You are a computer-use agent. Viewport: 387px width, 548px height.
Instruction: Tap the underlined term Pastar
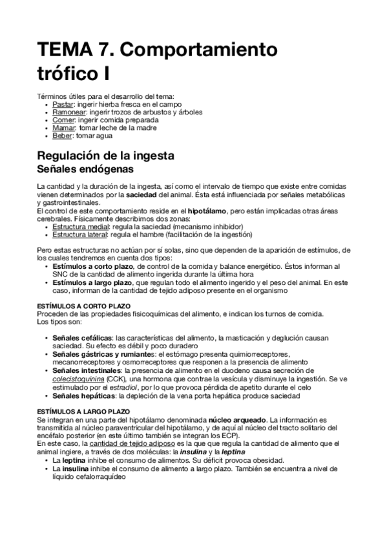62,104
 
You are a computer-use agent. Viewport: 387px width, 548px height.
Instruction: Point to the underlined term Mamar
63,128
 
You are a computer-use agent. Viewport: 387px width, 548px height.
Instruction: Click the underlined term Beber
62,136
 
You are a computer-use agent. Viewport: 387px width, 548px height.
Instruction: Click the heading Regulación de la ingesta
110,156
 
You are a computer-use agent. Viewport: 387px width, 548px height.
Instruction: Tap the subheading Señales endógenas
85,169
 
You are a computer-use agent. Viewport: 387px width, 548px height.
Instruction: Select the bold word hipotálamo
207,211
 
